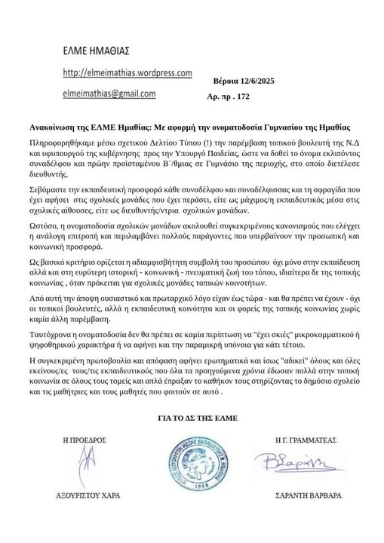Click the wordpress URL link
126,73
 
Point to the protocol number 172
241,97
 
